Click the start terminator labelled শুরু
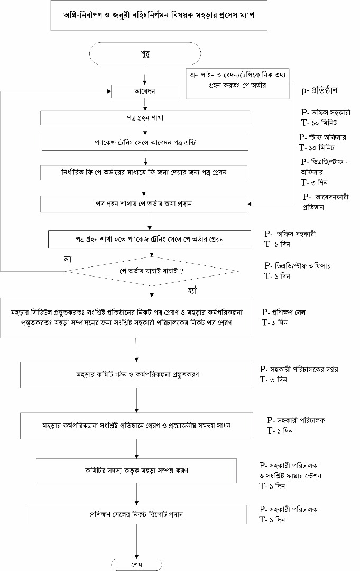pyautogui.click(x=144, y=53)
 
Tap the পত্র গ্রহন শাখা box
pyautogui.click(x=144, y=117)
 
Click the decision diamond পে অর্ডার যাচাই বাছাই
pyautogui.click(x=152, y=271)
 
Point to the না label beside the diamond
pyautogui.click(x=68, y=259)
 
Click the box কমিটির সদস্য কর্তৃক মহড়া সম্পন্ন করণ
pyautogui.click(x=137, y=470)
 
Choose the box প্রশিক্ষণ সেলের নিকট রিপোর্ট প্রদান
pyautogui.click(x=137, y=513)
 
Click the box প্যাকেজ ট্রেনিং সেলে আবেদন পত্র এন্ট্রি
pyautogui.click(x=144, y=143)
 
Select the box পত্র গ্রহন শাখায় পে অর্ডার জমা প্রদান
pyautogui.click(x=144, y=204)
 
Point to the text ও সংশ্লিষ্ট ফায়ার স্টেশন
pyautogui.click(x=290, y=475)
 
